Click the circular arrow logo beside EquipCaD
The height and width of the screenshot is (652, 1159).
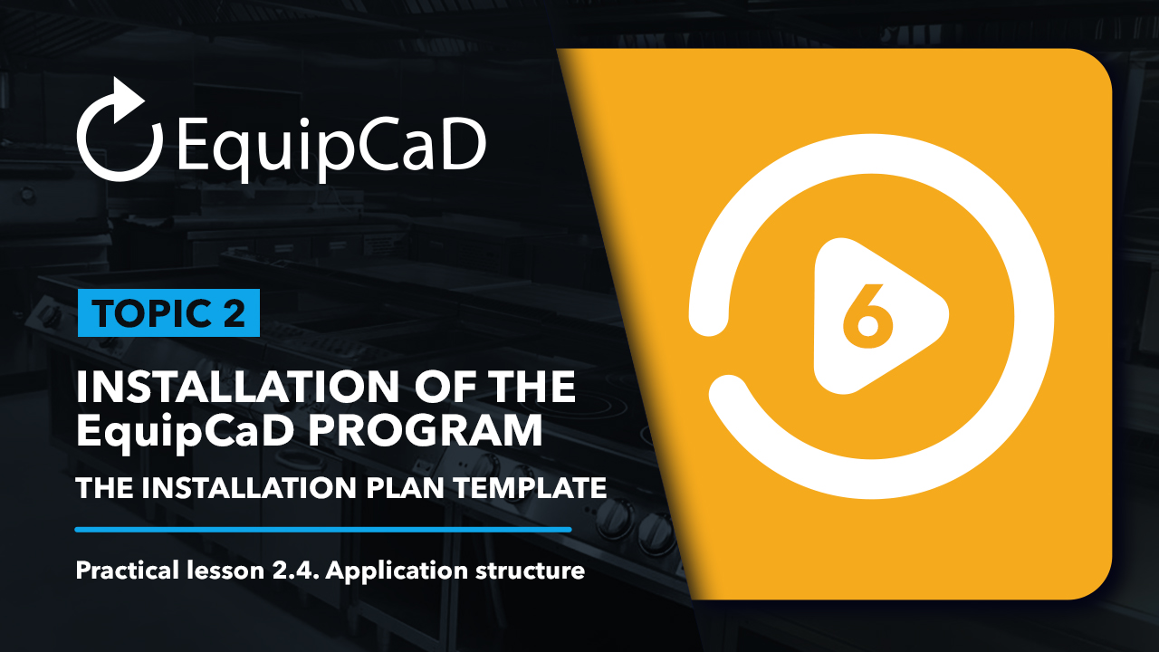[x=87, y=155]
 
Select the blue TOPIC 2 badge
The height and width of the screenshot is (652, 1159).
[x=168, y=313]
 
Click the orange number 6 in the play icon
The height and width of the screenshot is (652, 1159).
[x=867, y=316]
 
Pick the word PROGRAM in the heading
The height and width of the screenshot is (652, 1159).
[x=426, y=430]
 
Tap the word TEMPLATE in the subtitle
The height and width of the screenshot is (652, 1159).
[x=531, y=487]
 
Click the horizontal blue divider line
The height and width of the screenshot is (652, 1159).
[x=323, y=530]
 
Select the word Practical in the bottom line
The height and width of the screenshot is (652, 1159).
[x=128, y=570]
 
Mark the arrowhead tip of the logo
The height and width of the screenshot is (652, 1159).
[x=144, y=99]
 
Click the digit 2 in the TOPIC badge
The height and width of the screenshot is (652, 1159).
[x=234, y=313]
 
